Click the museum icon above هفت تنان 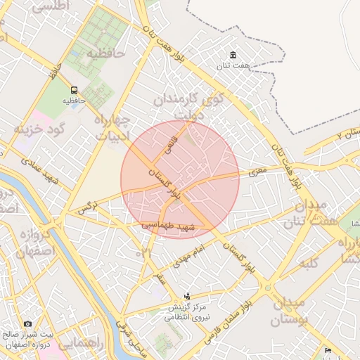click(233, 56)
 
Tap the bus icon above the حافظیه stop click(74, 90)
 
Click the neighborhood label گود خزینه click(40, 129)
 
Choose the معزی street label click(258, 170)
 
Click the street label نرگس click(86, 207)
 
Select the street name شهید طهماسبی click(167, 226)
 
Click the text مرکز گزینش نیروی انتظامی click(187, 313)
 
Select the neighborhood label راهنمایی click(79, 345)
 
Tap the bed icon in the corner click(328, 351)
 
